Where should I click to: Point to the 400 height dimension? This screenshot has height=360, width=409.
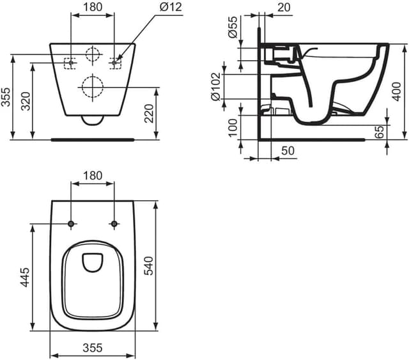397,91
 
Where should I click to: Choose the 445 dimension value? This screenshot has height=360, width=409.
26,277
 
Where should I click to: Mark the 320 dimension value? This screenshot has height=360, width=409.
26,100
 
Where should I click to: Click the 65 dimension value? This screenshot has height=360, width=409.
380,132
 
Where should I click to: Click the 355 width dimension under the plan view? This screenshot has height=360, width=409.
93,348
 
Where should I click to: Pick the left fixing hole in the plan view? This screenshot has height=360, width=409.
71,224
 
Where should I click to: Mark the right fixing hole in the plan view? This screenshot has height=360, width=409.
114,224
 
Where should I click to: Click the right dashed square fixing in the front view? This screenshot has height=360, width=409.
115,62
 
